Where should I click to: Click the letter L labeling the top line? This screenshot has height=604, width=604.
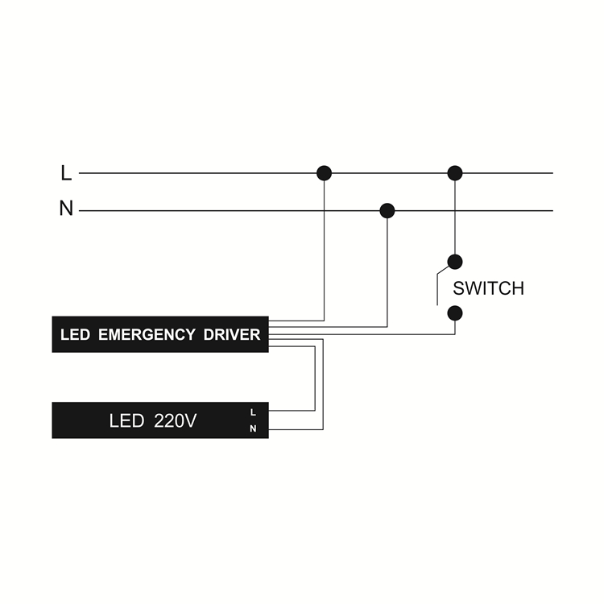tap(66, 173)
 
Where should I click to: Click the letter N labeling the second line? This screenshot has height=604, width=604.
tap(66, 209)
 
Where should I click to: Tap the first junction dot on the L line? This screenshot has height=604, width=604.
tap(324, 173)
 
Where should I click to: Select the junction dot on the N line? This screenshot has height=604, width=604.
tap(387, 211)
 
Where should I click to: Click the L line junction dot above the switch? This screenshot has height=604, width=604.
tap(455, 173)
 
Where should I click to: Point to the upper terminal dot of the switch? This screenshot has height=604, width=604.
tap(455, 262)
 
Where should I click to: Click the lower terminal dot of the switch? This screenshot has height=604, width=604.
tap(455, 313)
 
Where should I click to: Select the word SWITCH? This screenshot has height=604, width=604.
tap(489, 288)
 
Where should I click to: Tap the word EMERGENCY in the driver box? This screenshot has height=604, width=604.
tap(147, 335)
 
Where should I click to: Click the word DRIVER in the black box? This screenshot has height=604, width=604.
tap(232, 335)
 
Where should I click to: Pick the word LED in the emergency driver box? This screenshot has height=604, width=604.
tap(75, 335)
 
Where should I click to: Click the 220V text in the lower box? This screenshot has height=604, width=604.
tap(176, 420)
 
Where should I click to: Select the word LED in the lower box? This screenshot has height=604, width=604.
tap(126, 420)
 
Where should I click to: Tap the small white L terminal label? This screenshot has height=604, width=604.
tap(253, 412)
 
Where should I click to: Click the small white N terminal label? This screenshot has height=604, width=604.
tap(253, 428)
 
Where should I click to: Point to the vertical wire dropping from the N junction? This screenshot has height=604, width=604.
tap(387, 273)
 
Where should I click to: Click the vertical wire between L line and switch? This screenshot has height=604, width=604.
tap(455, 217)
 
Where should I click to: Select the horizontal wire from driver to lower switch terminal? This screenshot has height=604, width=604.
tap(362, 334)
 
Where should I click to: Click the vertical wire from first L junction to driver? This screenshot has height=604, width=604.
tap(324, 250)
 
